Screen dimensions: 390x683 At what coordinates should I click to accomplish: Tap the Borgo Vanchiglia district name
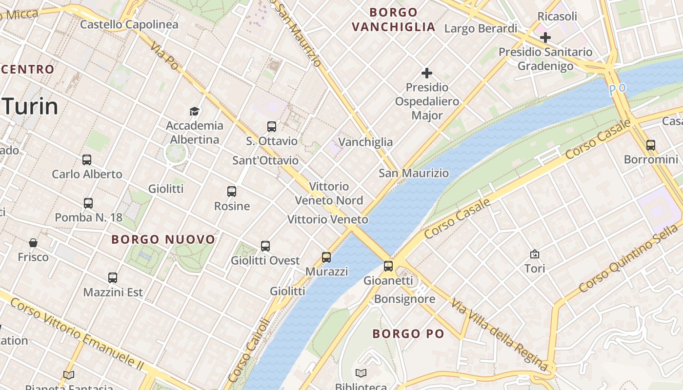click(393, 19)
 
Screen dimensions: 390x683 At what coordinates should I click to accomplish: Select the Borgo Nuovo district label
click(163, 239)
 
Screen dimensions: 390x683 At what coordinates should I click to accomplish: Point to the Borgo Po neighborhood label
click(408, 334)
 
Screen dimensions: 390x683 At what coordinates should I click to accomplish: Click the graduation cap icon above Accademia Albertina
click(195, 111)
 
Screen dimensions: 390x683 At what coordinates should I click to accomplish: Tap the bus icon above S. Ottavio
click(272, 127)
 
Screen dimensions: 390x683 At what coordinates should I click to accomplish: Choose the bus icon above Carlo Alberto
click(87, 159)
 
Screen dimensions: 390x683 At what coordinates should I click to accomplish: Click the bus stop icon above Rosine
click(232, 192)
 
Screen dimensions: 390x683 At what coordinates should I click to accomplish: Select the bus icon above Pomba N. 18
click(88, 203)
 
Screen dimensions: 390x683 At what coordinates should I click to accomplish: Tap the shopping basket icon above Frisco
click(33, 242)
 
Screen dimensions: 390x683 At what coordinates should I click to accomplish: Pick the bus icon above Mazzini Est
click(113, 278)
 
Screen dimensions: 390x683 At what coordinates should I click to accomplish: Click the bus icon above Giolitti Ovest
click(265, 246)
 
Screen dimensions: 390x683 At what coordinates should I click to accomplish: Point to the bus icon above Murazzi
click(326, 257)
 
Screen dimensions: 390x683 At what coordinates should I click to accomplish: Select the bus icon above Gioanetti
click(388, 266)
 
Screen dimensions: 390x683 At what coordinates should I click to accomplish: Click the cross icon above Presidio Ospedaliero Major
click(427, 73)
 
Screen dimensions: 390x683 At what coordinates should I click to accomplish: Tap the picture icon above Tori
click(535, 254)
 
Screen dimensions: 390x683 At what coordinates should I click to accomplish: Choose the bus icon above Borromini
click(651, 145)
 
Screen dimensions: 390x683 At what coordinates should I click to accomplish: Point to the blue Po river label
click(617, 89)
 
